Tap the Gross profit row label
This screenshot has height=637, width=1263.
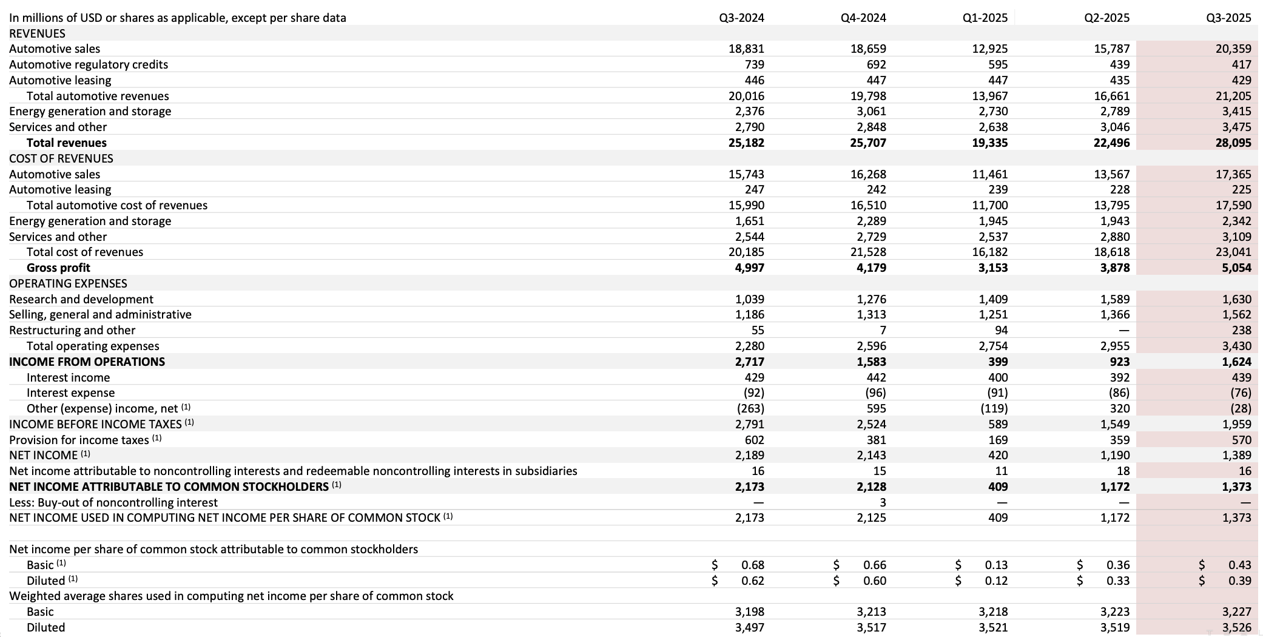coord(58,268)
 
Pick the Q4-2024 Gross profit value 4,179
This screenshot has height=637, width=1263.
coord(871,268)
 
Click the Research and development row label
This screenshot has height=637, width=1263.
coord(81,299)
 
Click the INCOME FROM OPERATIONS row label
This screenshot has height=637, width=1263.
coord(87,362)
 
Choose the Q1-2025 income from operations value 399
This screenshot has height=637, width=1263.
coord(997,362)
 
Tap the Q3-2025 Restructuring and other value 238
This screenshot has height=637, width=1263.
coord(1241,330)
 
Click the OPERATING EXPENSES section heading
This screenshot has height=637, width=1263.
coord(68,283)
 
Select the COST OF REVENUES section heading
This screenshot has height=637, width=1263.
coord(61,158)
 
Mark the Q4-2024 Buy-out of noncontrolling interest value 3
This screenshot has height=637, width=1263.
coord(883,502)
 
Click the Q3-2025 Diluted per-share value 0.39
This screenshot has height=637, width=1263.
coord(1239,581)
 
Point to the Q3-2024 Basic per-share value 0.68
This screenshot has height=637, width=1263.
coord(752,565)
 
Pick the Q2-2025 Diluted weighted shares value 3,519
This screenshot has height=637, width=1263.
coord(1115,627)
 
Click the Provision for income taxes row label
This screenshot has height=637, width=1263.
coord(79,440)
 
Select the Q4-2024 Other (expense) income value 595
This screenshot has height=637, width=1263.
coord(876,408)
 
